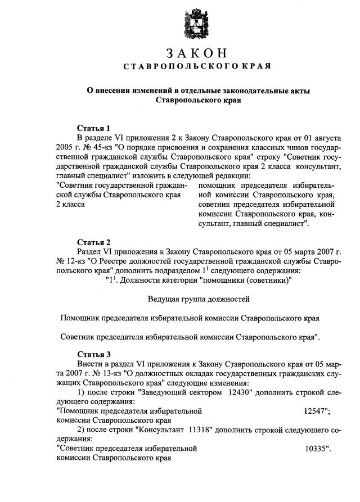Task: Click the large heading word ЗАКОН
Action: pos(197,54)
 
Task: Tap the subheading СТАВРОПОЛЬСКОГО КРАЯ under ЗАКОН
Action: pos(197,67)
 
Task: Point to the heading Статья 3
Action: pos(93,355)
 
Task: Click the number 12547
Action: pos(315,411)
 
